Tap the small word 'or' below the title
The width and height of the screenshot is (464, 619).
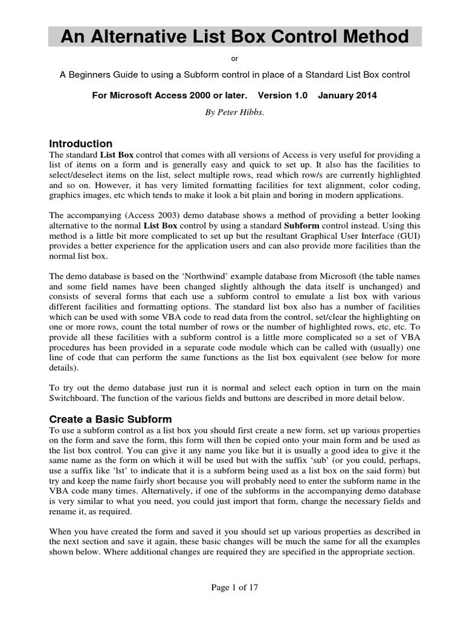(x=235, y=59)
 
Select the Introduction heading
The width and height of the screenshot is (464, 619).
(x=80, y=144)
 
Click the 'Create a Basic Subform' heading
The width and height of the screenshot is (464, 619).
(x=110, y=419)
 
